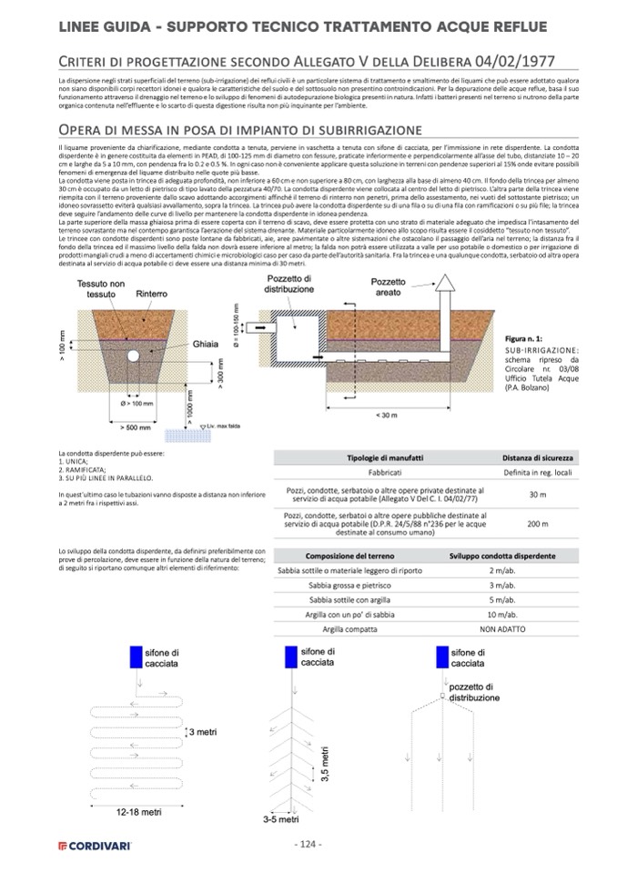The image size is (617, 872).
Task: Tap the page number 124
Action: point(308,845)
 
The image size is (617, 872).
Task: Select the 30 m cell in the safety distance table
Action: point(537,494)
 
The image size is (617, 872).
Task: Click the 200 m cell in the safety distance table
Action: point(537,524)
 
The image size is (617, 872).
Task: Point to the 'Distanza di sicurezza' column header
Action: point(537,457)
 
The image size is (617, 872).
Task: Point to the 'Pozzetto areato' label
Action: point(389,288)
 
